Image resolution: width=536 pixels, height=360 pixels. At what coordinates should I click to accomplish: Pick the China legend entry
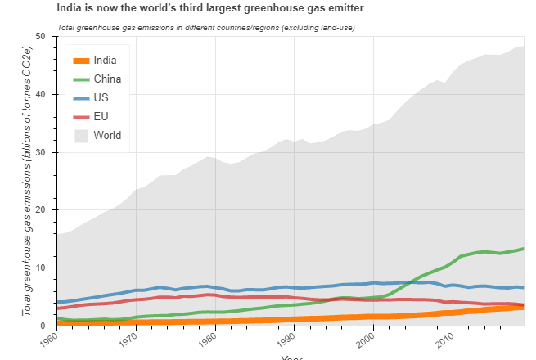[108, 79]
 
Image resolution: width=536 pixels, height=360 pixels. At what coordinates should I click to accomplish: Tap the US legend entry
[101, 97]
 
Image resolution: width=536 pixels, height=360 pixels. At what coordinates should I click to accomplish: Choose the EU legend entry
[101, 116]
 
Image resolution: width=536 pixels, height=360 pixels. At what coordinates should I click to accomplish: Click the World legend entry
[107, 135]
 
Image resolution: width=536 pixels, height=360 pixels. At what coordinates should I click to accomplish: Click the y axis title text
[27, 180]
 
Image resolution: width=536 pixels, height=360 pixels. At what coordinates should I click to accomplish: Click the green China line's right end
[522, 248]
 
